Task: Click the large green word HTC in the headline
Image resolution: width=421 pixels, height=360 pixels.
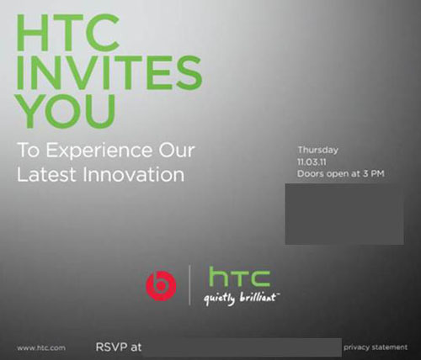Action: (68, 32)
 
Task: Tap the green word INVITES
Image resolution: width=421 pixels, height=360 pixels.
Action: (109, 72)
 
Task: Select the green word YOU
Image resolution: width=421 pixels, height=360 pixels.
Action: (66, 110)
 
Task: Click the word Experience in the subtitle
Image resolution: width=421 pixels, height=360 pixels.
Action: (99, 151)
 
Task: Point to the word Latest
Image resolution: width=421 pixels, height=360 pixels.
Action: (46, 174)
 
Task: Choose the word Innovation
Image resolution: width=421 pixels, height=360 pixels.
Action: (134, 174)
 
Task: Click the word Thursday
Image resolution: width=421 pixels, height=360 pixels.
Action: (317, 150)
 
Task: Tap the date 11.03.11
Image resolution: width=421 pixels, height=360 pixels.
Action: (312, 162)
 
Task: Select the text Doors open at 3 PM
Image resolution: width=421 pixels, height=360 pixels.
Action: (340, 173)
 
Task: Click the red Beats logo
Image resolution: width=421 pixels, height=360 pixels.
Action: (161, 286)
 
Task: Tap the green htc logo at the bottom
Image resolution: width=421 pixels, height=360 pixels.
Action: (240, 277)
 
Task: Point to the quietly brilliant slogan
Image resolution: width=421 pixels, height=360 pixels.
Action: (242, 299)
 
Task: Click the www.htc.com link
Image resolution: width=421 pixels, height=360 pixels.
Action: (41, 348)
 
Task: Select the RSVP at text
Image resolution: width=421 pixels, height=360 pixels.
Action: (119, 347)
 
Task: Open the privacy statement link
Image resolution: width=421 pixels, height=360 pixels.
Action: (376, 347)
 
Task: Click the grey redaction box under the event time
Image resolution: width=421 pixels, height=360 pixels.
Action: (344, 214)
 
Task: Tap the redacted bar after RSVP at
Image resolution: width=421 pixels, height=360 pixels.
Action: (242, 347)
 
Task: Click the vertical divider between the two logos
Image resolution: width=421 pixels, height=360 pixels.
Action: (189, 285)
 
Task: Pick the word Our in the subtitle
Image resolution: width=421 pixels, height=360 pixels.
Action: (176, 150)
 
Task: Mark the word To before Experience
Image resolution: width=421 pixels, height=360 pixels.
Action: (28, 150)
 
